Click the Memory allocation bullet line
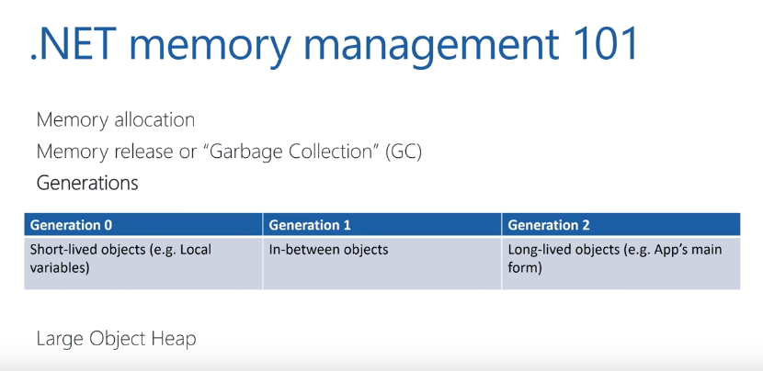click(x=115, y=120)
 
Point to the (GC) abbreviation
click(x=402, y=152)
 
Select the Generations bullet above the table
click(x=87, y=183)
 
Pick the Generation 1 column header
click(x=310, y=225)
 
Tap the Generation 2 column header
click(x=549, y=225)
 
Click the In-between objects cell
click(x=328, y=250)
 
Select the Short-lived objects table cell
click(x=120, y=258)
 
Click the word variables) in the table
click(x=61, y=268)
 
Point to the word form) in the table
click(x=525, y=268)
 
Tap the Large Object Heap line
click(x=116, y=339)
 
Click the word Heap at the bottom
click(x=176, y=339)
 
